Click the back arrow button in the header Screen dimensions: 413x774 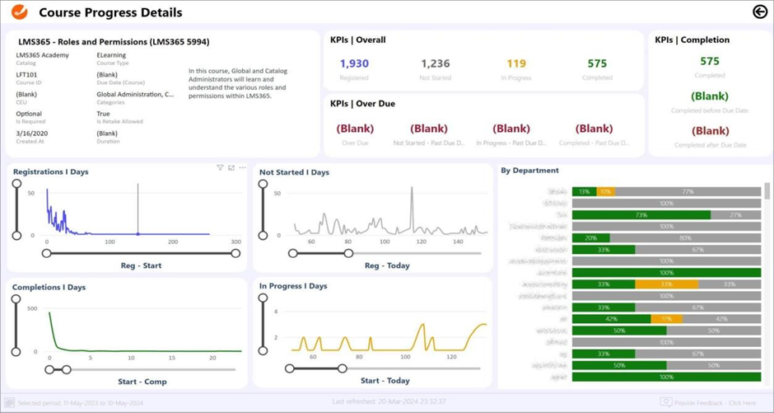(x=759, y=12)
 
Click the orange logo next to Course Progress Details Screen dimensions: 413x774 (x=19, y=12)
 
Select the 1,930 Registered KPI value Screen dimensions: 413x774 (x=354, y=63)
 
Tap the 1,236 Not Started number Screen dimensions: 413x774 (x=435, y=63)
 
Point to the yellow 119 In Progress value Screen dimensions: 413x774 (x=516, y=63)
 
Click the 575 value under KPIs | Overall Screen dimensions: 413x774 (x=597, y=63)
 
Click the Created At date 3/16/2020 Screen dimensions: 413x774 (x=31, y=134)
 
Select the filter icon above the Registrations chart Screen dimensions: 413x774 (x=220, y=168)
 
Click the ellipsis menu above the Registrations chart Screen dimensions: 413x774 (x=242, y=168)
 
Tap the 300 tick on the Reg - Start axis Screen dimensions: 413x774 (x=235, y=242)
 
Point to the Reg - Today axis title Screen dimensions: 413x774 (x=386, y=265)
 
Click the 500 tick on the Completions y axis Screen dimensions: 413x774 (x=32, y=309)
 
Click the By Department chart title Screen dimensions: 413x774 (x=529, y=171)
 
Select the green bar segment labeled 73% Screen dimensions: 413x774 (x=641, y=215)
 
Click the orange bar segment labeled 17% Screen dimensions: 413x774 (x=666, y=319)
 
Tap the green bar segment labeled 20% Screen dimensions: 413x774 (x=590, y=238)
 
